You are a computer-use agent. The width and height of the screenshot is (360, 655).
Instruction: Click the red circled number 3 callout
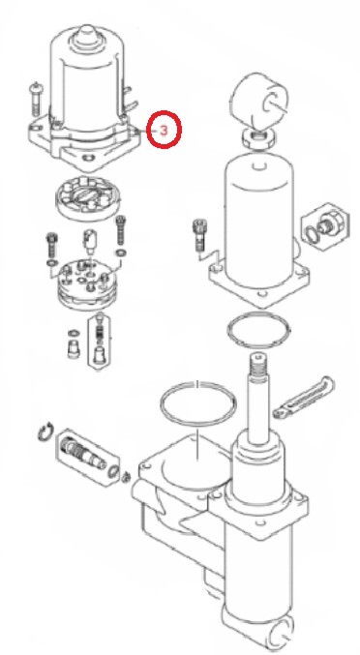(x=164, y=130)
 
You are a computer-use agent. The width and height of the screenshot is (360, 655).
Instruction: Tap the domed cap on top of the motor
(x=86, y=37)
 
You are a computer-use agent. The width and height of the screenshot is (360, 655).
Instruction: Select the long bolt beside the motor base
(x=36, y=100)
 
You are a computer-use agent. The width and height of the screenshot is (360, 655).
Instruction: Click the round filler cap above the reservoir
(x=259, y=101)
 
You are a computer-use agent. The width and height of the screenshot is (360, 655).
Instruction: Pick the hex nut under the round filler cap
(x=258, y=137)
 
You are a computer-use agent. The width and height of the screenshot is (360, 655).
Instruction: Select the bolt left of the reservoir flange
(x=198, y=235)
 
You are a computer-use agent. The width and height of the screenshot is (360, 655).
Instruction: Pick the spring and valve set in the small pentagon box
(x=99, y=339)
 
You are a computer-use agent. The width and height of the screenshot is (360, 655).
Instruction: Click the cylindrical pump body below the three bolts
(x=87, y=284)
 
